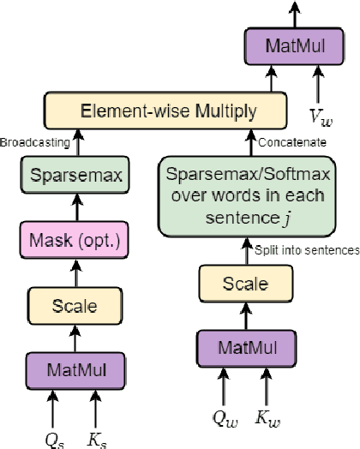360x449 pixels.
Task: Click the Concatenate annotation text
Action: click(x=286, y=141)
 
